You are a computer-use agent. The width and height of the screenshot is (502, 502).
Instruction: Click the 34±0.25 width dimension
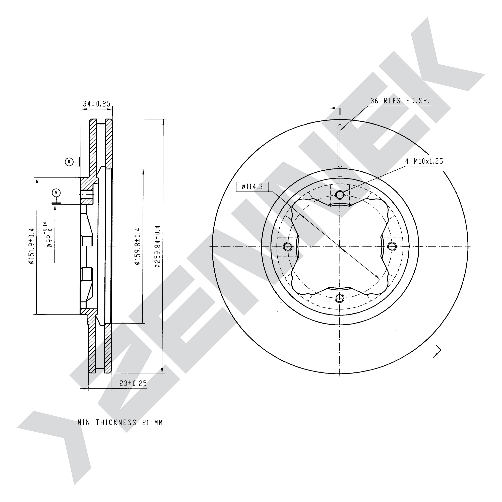coord(96,104)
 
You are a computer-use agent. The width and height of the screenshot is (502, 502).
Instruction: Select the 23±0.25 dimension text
coord(133,383)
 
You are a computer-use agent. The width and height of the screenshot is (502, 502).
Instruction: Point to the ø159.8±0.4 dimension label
coord(138,246)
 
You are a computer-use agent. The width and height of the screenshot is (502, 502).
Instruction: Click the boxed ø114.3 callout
coord(252,186)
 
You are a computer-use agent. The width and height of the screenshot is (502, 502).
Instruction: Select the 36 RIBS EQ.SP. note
coord(400,101)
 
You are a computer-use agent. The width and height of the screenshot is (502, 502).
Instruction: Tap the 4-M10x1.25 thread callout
coord(424,161)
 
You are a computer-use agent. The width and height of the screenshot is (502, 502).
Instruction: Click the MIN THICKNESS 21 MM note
coord(120,422)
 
